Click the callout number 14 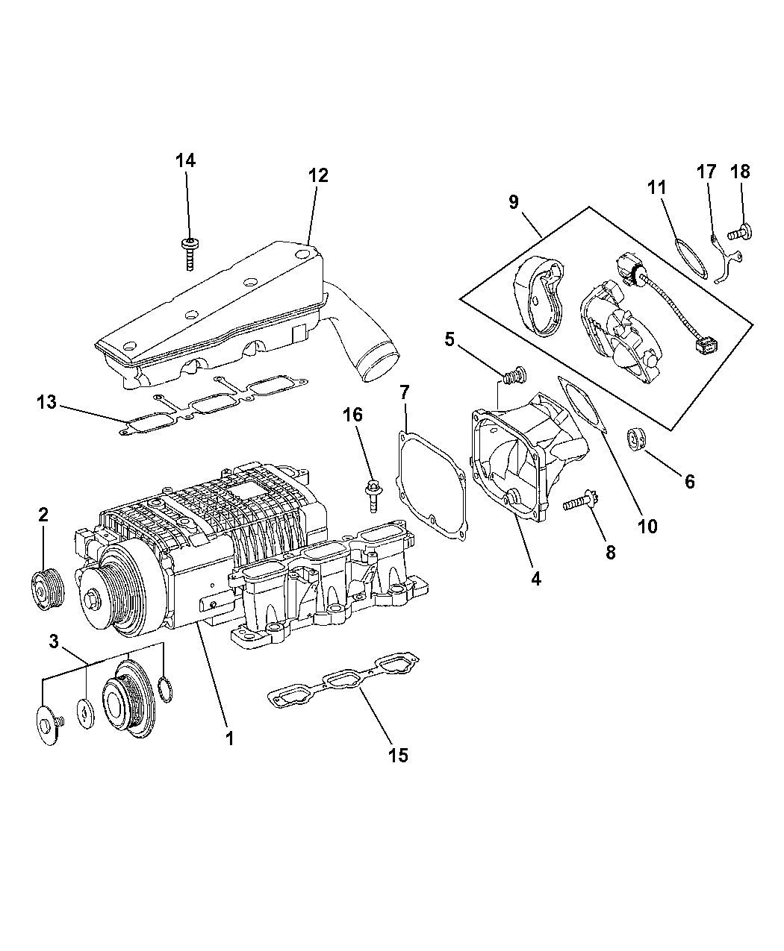pos(186,161)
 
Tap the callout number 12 pos(318,175)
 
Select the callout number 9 pos(514,202)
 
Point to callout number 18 pos(740,172)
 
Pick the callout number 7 pos(405,392)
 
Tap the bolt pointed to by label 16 pos(373,497)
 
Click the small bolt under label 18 pos(739,233)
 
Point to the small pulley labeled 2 pos(48,589)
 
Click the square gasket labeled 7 pos(432,486)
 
